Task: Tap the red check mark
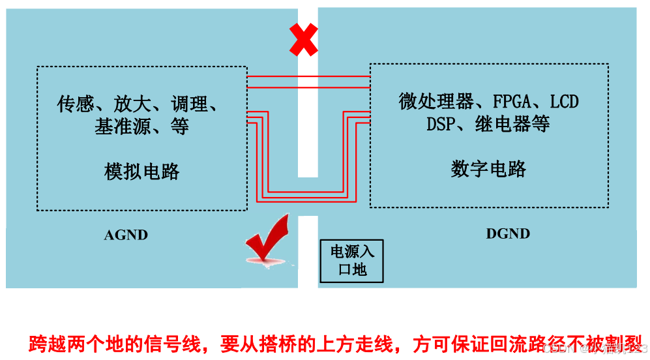click(x=267, y=239)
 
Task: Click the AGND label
click(x=126, y=235)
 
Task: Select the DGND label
click(x=508, y=233)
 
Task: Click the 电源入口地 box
click(x=352, y=260)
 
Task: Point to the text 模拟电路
click(x=141, y=172)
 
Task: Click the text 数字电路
click(x=488, y=169)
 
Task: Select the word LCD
click(x=564, y=102)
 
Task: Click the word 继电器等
click(x=512, y=124)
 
